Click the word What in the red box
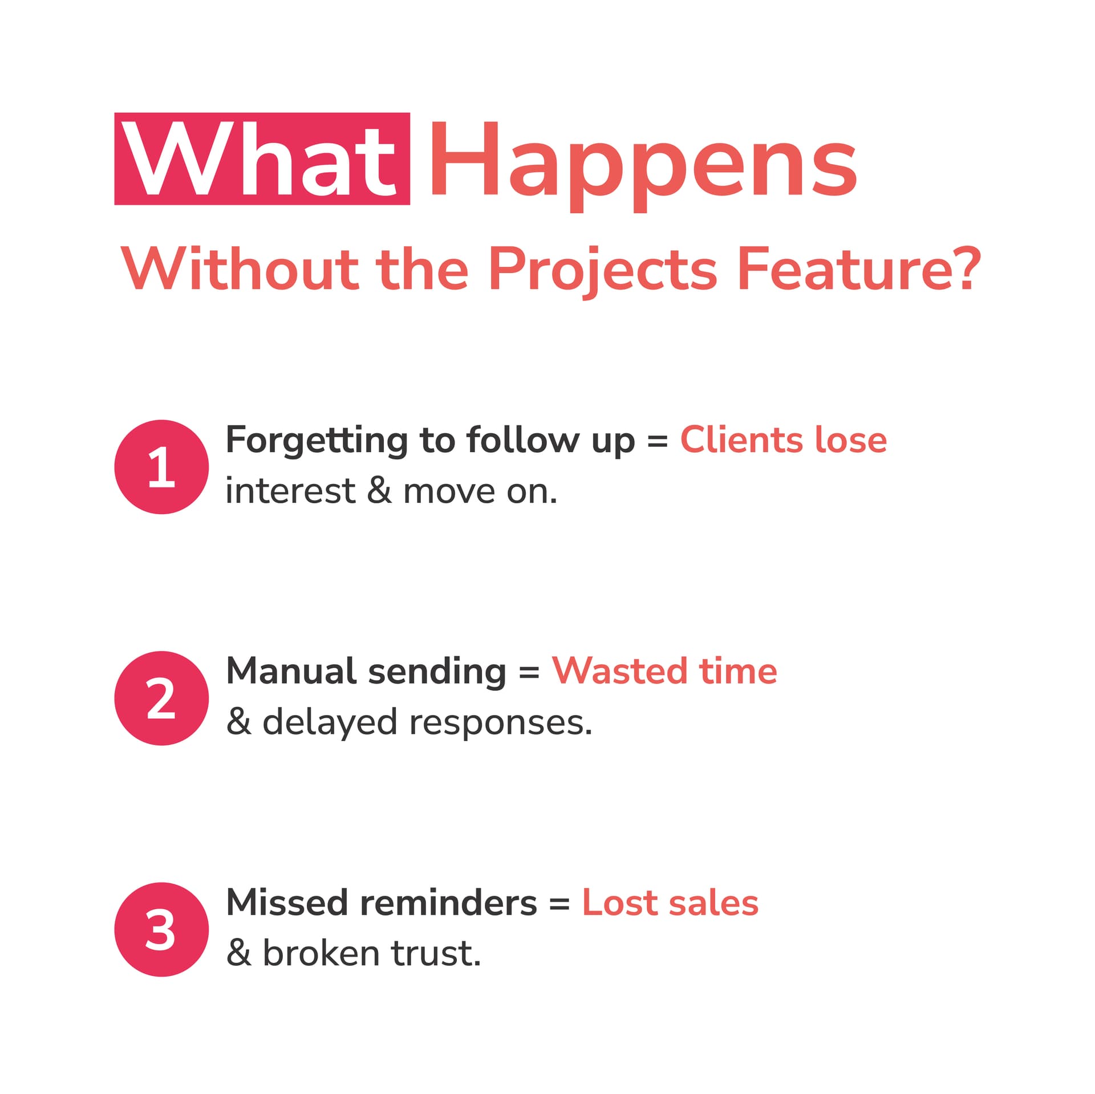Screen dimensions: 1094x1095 click(261, 160)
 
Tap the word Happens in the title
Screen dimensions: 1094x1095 click(643, 162)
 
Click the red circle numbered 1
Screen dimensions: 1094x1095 click(161, 467)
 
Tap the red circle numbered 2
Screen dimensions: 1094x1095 click(161, 698)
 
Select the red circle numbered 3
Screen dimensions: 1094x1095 click(161, 930)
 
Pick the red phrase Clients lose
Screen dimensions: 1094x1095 click(783, 440)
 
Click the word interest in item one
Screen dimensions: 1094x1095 click(290, 491)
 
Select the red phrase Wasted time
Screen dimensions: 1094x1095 click(664, 671)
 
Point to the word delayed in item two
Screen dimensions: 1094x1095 click(329, 723)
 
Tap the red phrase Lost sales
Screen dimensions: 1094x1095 click(670, 903)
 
